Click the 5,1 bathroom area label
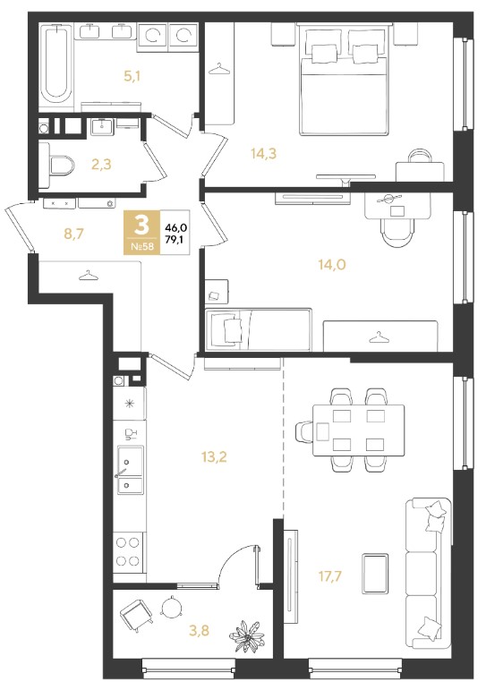(x=132, y=77)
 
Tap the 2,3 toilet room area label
(x=101, y=164)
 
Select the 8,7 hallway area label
(x=73, y=234)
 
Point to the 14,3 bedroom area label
(x=263, y=154)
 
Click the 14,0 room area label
(x=332, y=264)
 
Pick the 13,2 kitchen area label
(x=214, y=457)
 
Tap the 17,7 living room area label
(x=330, y=575)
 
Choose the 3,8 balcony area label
(x=199, y=631)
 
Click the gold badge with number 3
(x=142, y=232)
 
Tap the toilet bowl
(x=61, y=165)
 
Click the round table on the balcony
(x=171, y=608)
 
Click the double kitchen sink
(x=130, y=470)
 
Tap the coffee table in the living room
(x=375, y=574)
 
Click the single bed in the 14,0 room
(x=259, y=329)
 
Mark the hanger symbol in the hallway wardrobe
(x=88, y=275)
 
